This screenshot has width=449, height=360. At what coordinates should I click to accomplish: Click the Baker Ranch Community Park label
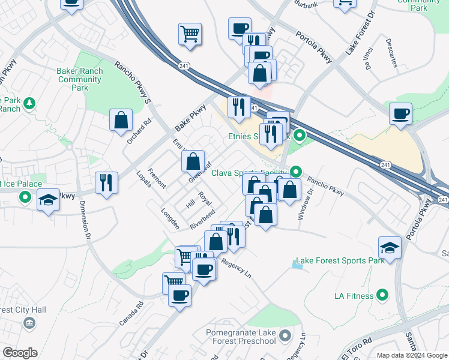80,79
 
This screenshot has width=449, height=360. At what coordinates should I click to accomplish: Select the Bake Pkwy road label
190,118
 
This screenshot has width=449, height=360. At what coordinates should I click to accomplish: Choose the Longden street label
170,218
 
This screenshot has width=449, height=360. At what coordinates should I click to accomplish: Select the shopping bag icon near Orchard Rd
121,119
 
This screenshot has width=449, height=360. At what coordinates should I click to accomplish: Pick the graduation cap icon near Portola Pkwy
390,247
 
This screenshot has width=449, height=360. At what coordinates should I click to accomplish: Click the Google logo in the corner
19,353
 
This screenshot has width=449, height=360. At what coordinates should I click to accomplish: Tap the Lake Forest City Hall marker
29,324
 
